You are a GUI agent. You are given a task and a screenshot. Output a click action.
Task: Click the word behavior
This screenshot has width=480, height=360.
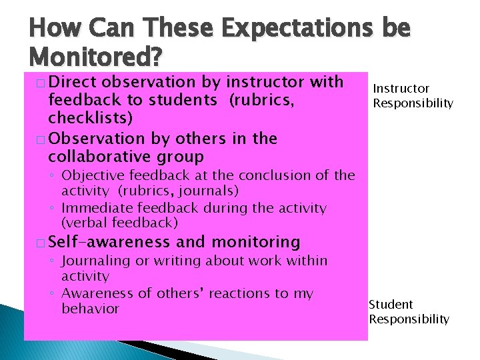(x=90, y=309)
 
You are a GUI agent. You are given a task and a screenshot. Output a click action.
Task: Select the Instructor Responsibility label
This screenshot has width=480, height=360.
(x=413, y=96)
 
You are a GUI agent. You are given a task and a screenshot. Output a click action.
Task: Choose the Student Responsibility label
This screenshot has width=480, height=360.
(x=409, y=312)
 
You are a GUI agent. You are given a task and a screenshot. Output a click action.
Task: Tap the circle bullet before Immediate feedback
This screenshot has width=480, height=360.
(x=53, y=208)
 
